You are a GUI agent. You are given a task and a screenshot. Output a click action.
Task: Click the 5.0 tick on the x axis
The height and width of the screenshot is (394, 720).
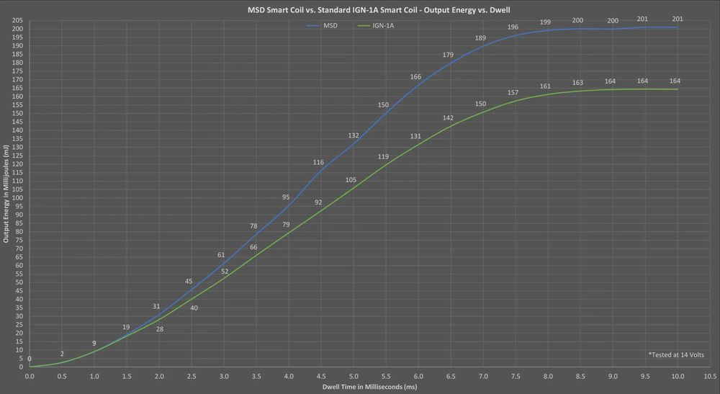pos(354,375)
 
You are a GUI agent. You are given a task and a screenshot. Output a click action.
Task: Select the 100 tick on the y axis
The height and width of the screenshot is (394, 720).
pos(17,198)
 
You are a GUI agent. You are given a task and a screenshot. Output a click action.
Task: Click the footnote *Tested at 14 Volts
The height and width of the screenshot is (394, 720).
pos(676,355)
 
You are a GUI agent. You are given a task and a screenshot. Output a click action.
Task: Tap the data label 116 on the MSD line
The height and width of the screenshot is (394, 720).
pos(319,162)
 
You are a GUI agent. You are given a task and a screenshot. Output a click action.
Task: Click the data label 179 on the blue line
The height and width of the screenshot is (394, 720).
pos(449,55)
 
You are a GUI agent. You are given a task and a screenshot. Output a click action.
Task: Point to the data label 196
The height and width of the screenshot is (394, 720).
pos(513,27)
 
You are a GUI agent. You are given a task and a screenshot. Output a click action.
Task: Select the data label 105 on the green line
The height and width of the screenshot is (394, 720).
pos(351,179)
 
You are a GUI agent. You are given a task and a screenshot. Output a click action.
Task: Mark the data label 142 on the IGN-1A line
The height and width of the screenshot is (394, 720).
pos(449,117)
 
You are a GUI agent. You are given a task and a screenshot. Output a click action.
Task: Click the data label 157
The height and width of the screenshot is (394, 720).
pos(513,93)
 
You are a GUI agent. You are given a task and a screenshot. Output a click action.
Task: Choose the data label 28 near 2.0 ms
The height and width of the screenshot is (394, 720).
pos(159,329)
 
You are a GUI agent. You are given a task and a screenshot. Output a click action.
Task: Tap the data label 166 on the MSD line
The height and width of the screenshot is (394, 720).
pos(416,76)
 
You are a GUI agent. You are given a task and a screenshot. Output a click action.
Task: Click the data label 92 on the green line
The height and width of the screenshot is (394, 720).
pos(319,202)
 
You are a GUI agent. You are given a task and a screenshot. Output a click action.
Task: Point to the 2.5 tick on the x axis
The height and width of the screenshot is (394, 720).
pos(192,375)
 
